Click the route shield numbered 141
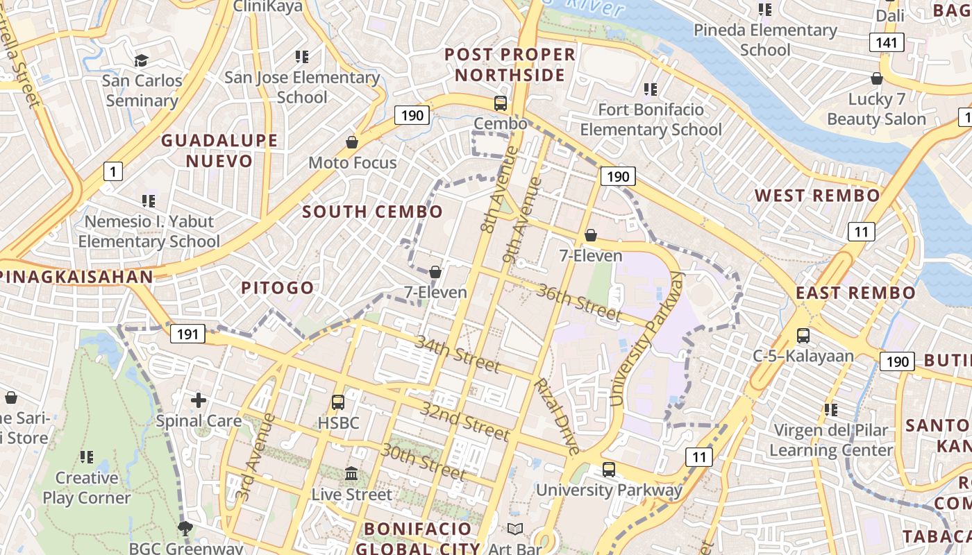[886, 42]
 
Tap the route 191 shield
[187, 334]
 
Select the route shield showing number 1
[112, 171]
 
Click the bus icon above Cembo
[500, 103]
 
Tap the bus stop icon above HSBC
[338, 402]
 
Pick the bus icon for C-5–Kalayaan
[803, 336]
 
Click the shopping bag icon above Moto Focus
[352, 142]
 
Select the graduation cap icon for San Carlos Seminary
[142, 60]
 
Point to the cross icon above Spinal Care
[199, 400]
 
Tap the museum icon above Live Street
[351, 474]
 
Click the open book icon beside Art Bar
[514, 529]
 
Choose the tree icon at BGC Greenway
[185, 529]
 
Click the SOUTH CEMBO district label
[373, 212]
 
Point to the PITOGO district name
[277, 287]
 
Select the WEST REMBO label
[817, 195]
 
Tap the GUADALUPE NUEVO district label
[219, 151]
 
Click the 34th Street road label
[458, 353]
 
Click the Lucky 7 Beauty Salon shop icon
[876, 78]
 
